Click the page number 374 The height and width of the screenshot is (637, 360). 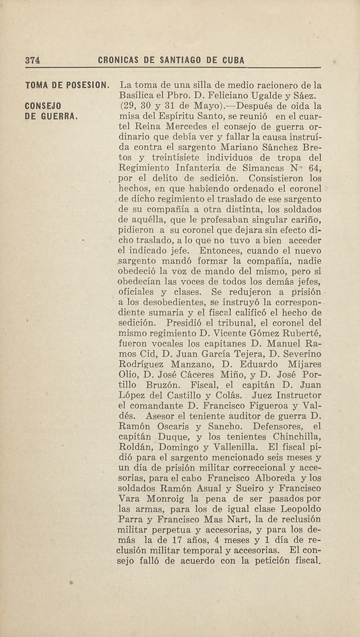coord(32,60)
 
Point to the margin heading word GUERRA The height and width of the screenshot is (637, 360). coord(58,117)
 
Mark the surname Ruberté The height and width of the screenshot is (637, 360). coord(299,334)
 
